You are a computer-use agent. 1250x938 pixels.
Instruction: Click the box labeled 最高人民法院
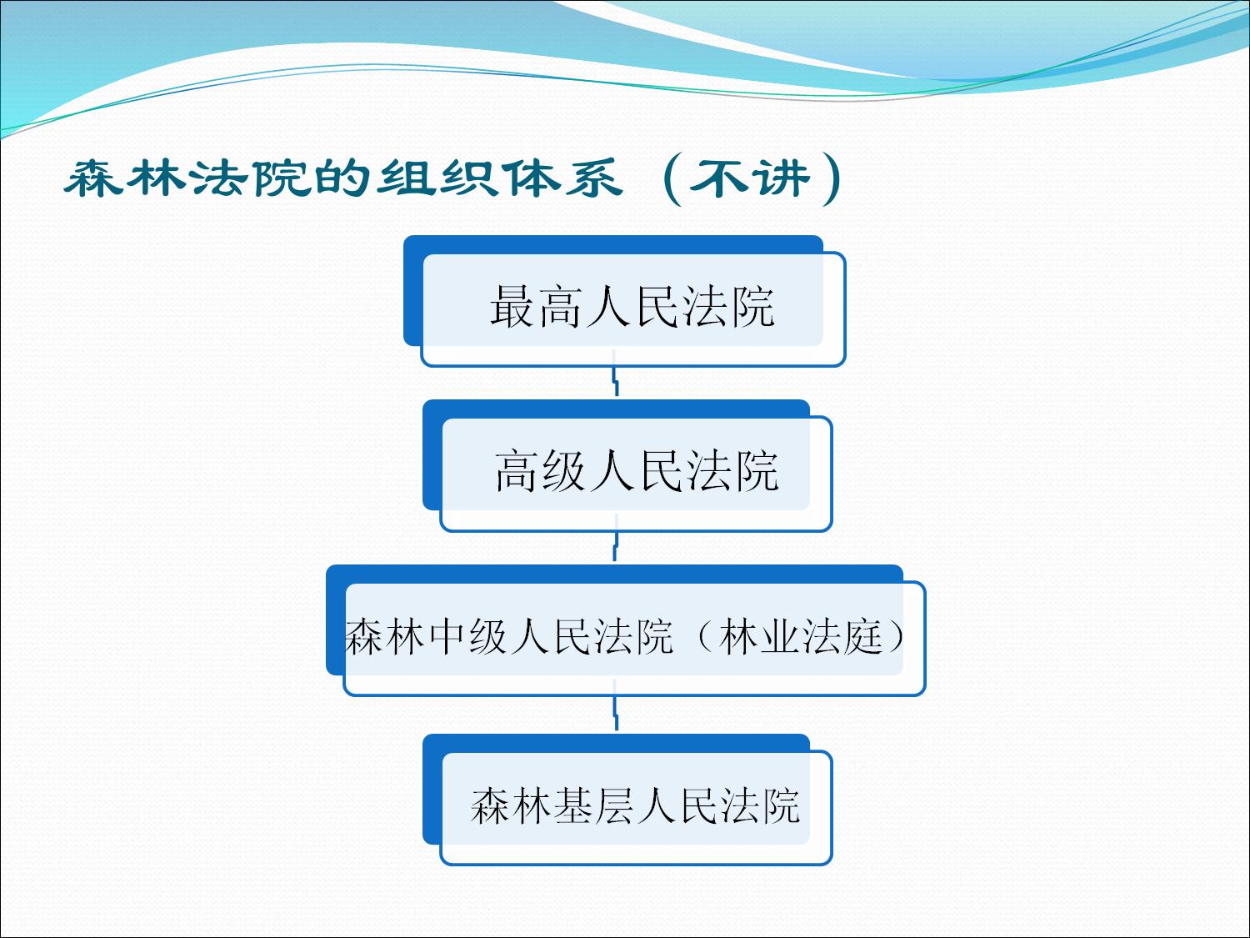[x=625, y=301]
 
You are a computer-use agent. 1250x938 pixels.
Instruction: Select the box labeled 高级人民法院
[x=627, y=465]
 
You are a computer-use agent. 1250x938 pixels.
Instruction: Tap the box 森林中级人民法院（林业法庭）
[x=626, y=630]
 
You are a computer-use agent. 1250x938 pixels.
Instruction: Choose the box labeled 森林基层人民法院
[x=627, y=799]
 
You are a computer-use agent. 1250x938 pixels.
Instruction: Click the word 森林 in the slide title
[x=125, y=178]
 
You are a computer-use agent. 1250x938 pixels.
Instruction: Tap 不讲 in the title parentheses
[x=749, y=178]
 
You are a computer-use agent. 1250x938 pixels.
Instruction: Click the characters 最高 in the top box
[x=535, y=307]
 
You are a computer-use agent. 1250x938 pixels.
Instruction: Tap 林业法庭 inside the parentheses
[x=800, y=636]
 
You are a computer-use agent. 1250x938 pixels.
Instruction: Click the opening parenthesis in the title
[x=672, y=178]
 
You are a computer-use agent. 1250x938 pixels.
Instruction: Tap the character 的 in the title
[x=344, y=178]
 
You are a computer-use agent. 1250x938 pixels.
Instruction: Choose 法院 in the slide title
[x=251, y=178]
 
